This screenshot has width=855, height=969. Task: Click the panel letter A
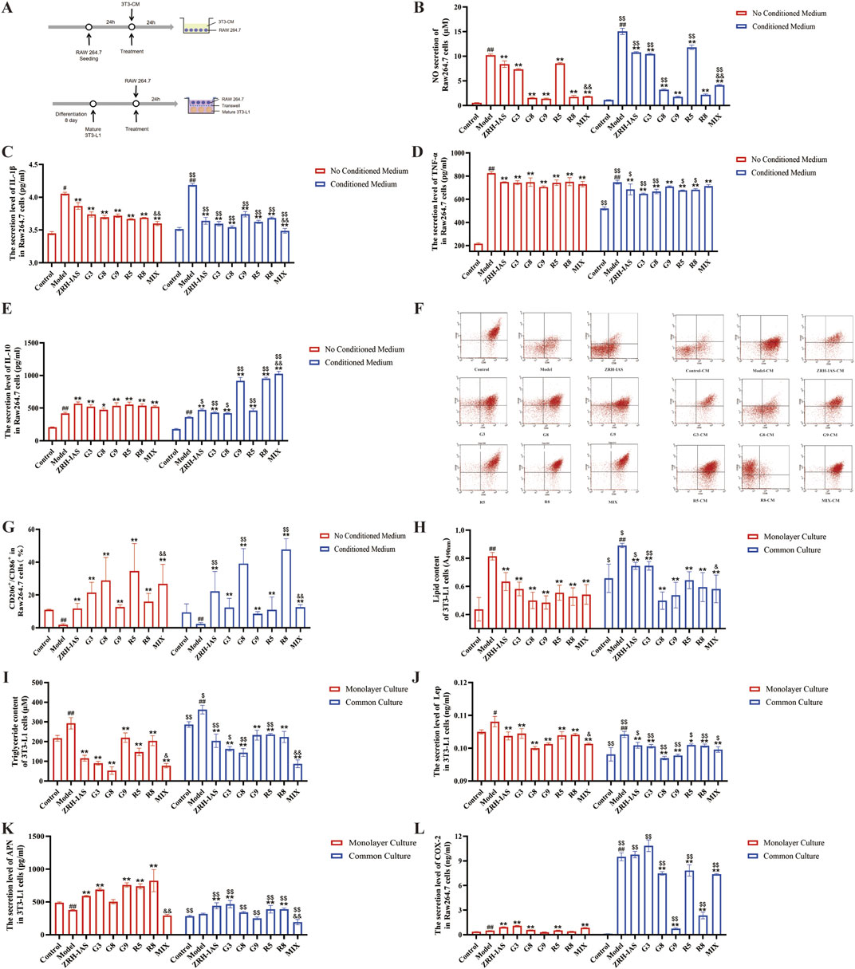pos(6,8)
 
